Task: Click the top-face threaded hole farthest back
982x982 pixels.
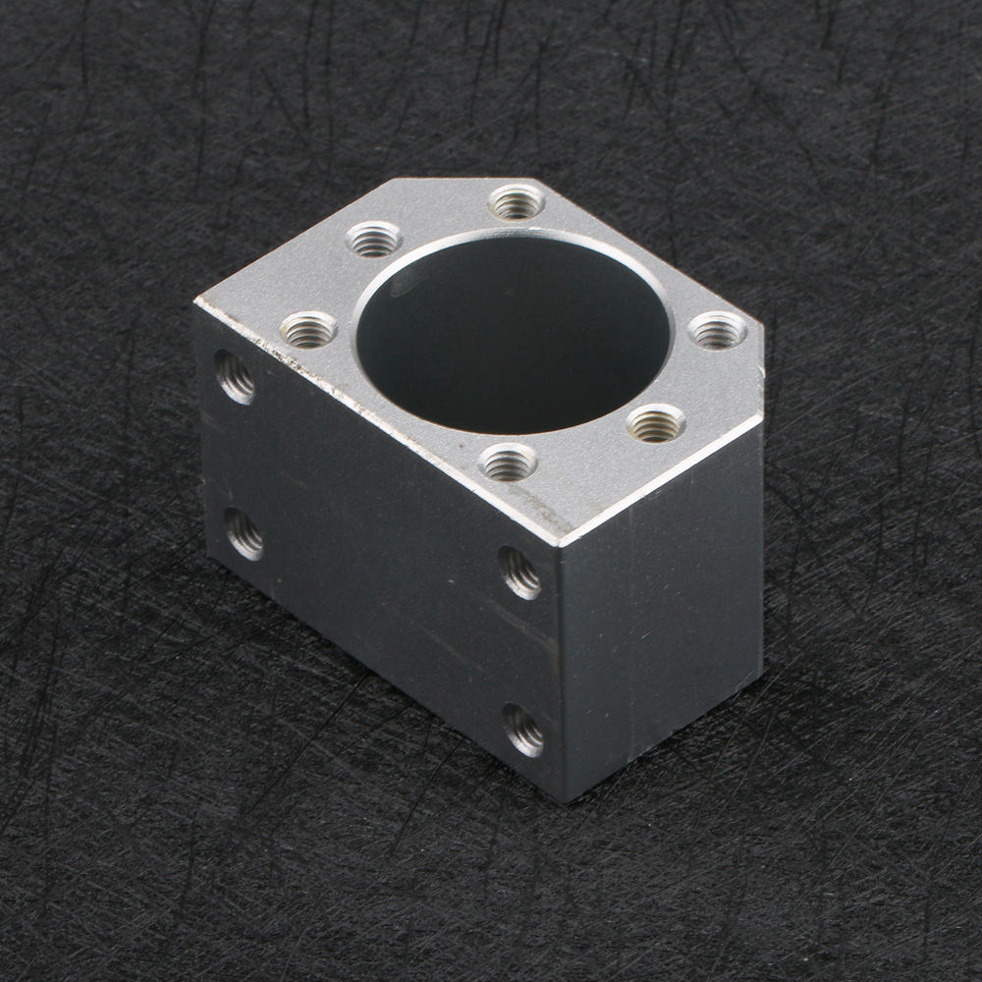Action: tap(516, 202)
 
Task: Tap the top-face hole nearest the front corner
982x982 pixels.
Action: tap(509, 462)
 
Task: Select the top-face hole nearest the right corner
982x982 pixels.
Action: tap(717, 330)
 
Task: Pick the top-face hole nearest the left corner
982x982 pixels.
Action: tap(308, 329)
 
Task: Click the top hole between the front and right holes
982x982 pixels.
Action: tap(656, 423)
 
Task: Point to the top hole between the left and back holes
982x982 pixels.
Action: tap(374, 239)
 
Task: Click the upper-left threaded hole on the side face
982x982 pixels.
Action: tap(236, 377)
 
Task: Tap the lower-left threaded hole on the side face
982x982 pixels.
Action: tap(244, 534)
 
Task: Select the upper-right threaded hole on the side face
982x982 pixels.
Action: tap(519, 573)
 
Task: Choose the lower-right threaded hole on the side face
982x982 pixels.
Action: tap(523, 731)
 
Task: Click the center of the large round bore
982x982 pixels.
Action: tap(511, 334)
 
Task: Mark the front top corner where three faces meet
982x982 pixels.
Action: tap(561, 542)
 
